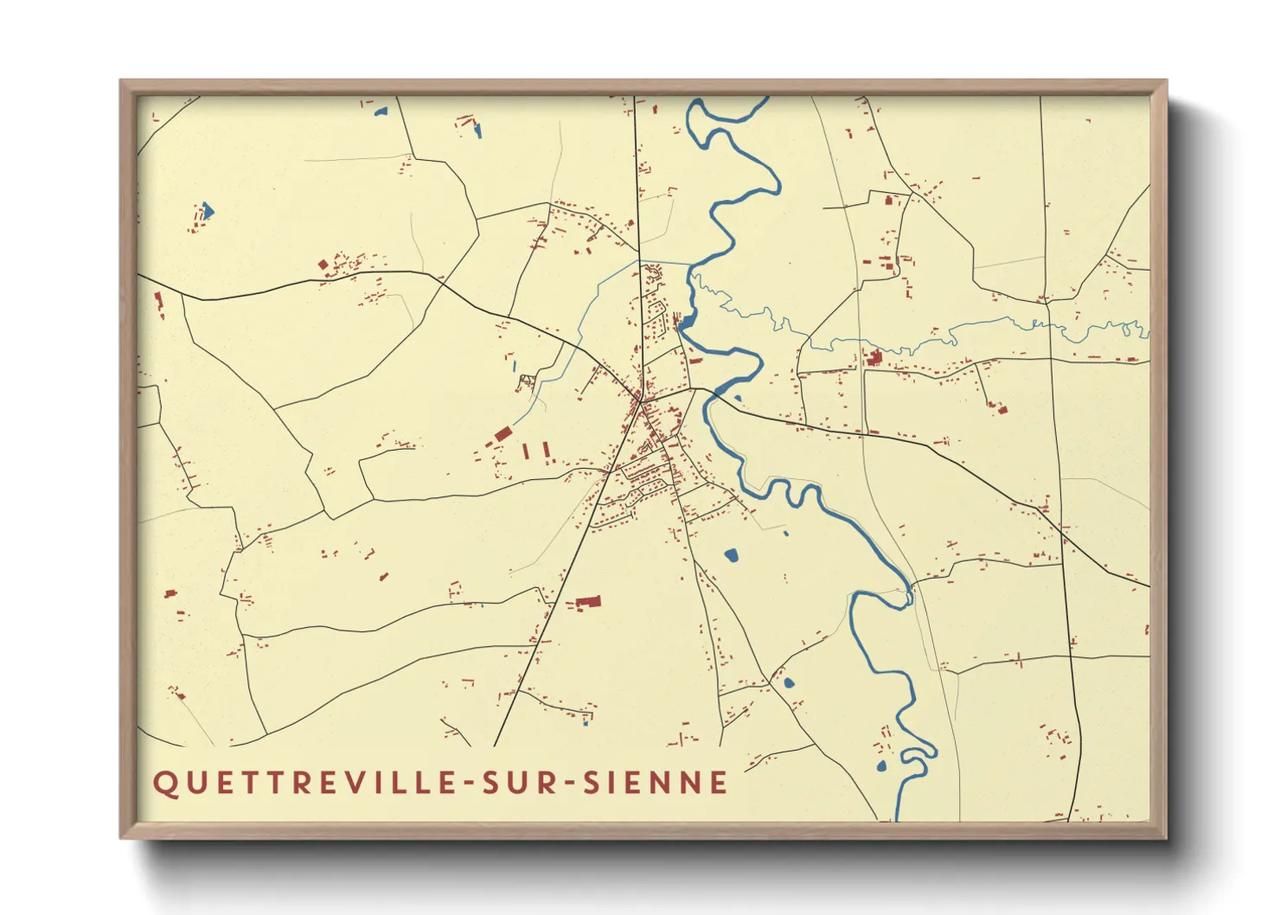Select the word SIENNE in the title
[656, 783]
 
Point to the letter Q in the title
[163, 783]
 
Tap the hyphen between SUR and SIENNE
[567, 784]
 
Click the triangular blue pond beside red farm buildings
[207, 211]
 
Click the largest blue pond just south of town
[732, 554]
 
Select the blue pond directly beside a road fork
[788, 682]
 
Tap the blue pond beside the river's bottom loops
[881, 766]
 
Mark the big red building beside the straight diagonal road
[588, 602]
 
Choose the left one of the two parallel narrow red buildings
[527, 451]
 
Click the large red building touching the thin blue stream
[873, 358]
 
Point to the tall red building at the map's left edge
[158, 301]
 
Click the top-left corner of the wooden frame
[121, 81]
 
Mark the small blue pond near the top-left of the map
[379, 111]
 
